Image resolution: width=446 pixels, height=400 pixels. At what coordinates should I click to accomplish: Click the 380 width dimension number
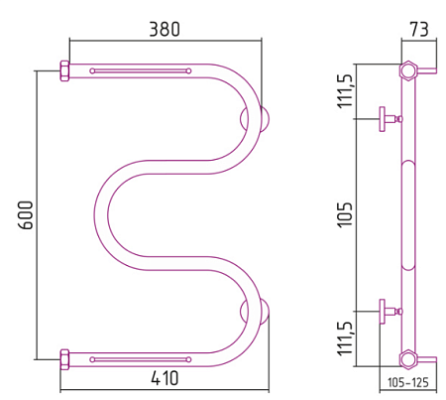tap(165, 29)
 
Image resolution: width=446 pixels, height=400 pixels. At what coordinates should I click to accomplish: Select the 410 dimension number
tap(165, 377)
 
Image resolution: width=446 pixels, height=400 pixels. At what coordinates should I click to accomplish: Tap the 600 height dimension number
tap(26, 215)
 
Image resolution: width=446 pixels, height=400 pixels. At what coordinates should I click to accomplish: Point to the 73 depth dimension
tap(419, 29)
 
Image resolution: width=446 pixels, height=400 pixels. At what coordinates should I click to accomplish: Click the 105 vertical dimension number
tap(345, 214)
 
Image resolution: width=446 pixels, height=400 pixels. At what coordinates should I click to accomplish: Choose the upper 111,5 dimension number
tap(346, 90)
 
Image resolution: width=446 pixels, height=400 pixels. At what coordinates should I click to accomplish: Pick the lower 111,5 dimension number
tap(346, 338)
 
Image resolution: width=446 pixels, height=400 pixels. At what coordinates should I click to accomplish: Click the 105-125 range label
tap(408, 382)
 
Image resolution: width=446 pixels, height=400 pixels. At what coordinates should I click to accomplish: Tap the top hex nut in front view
tap(64, 70)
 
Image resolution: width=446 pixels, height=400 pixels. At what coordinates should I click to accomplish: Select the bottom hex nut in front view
tap(64, 359)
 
